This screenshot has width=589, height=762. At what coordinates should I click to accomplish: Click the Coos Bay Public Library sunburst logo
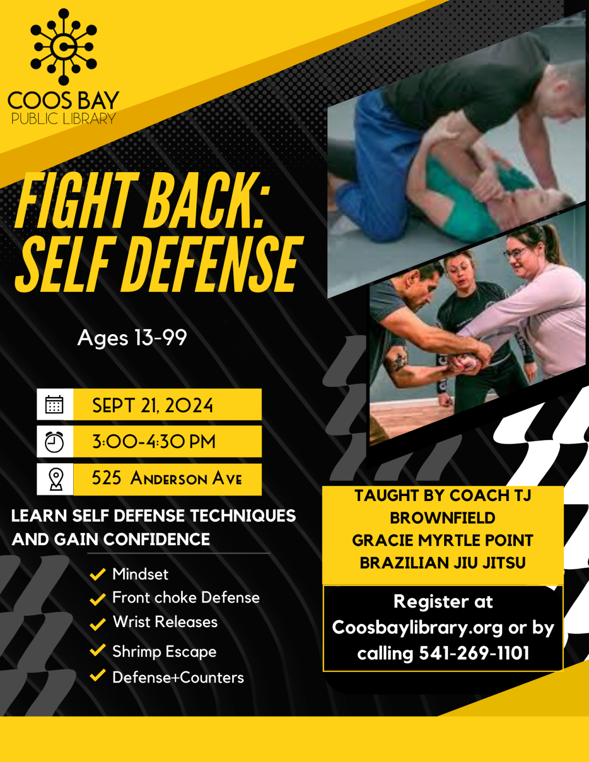[63, 47]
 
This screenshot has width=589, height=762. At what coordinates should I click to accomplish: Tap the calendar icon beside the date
[54, 405]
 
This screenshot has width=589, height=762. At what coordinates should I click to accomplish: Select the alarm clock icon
[54, 442]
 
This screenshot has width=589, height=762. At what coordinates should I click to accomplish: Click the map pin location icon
[56, 479]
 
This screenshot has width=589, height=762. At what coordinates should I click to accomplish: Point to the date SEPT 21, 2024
[153, 406]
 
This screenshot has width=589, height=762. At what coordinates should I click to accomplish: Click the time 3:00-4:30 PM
[154, 442]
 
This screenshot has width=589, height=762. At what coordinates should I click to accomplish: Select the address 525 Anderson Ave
[167, 478]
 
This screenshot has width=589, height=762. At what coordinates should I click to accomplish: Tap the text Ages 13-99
[132, 338]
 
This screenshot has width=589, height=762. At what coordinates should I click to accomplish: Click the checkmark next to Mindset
[98, 574]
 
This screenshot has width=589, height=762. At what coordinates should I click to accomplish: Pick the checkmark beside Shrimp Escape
[98, 651]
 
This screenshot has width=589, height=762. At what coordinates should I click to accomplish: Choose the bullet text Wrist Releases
[165, 622]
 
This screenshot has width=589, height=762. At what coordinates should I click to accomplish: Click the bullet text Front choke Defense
[186, 598]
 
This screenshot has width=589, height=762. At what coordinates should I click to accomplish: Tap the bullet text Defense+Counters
[178, 678]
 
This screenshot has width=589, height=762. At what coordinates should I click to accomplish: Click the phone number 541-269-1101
[474, 653]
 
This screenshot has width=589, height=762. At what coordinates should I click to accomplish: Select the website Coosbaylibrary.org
[418, 628]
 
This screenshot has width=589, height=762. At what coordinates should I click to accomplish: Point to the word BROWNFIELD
[443, 518]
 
